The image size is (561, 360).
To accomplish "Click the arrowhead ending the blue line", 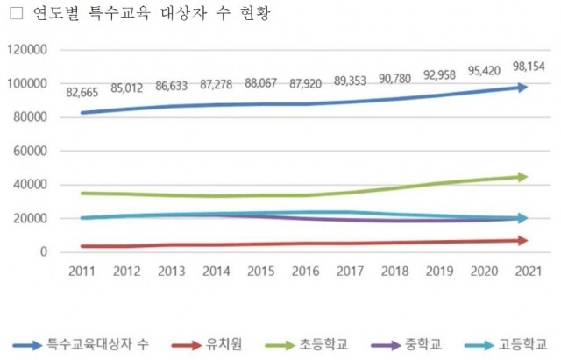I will [522, 87].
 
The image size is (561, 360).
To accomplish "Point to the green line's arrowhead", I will [522, 177].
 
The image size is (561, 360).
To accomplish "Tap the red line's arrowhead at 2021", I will [522, 240].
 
